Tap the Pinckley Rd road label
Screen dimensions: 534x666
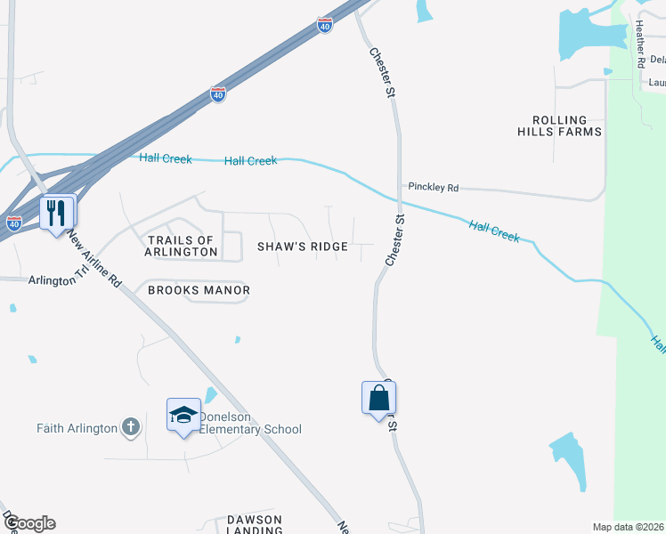coord(433,188)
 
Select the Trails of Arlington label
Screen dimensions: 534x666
coord(182,246)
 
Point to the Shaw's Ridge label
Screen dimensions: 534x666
coord(303,247)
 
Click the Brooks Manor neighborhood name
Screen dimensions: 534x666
coord(199,290)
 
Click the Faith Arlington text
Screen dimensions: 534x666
coord(77,428)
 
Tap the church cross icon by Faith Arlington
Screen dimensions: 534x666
coord(130,428)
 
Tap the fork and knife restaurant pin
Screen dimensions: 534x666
coord(56,213)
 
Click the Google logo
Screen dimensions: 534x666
coord(28,523)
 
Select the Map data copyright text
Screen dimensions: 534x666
coord(627,527)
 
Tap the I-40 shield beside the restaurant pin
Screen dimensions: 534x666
coord(13,224)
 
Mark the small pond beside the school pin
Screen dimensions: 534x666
coord(209,394)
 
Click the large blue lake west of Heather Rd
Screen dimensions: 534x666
coord(583,36)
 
